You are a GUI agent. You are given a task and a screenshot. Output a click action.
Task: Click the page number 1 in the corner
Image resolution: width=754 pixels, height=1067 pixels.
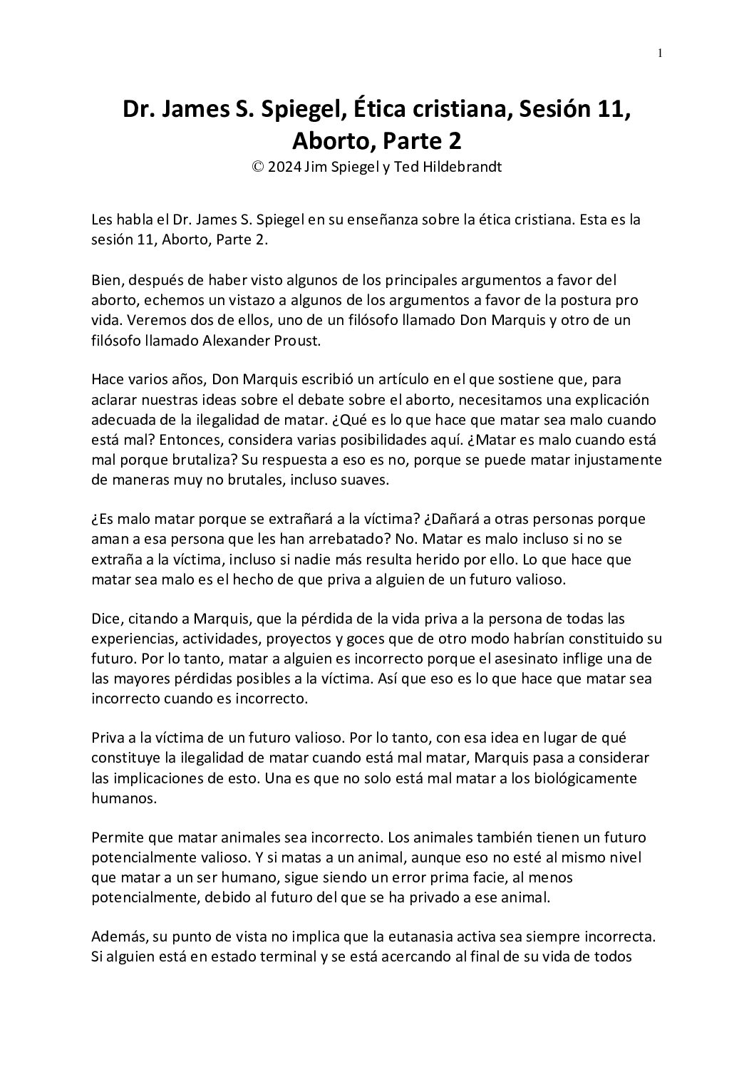[x=660, y=53]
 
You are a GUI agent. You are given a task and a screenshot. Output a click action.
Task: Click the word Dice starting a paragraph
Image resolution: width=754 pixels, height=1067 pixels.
[x=106, y=619]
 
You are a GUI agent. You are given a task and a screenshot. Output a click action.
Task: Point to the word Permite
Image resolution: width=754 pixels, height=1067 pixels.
[x=115, y=837]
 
